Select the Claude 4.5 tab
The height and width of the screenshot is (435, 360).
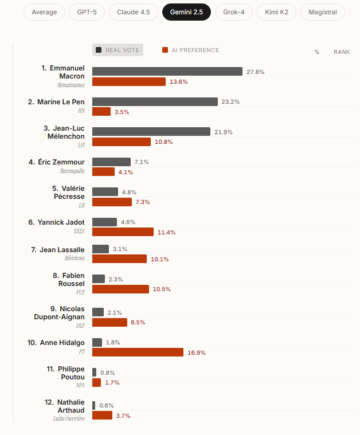pos(133,12)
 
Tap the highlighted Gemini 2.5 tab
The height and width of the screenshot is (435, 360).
pos(186,12)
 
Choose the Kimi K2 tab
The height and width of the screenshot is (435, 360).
pos(276,12)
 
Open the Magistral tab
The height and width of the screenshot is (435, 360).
pos(323,12)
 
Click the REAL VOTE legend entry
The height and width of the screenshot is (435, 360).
pos(118,50)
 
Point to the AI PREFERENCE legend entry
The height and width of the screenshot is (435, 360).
pos(191,50)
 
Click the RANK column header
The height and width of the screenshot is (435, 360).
pos(342,52)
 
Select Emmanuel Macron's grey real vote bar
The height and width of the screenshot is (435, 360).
pos(167,72)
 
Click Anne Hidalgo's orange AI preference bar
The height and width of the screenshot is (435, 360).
pos(138,352)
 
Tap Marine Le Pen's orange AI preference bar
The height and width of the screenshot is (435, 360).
pos(101,112)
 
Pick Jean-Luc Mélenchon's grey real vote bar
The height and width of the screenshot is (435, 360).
pos(151,132)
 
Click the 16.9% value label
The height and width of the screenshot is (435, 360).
pos(197,352)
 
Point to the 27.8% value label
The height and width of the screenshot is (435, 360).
pos(256,72)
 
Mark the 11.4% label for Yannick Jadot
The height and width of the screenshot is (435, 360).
pos(167,232)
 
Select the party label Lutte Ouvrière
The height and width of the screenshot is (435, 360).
pos(69,419)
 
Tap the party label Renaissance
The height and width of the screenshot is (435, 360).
pos(71,85)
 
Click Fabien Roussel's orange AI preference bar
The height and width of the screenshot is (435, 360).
pos(120,289)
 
